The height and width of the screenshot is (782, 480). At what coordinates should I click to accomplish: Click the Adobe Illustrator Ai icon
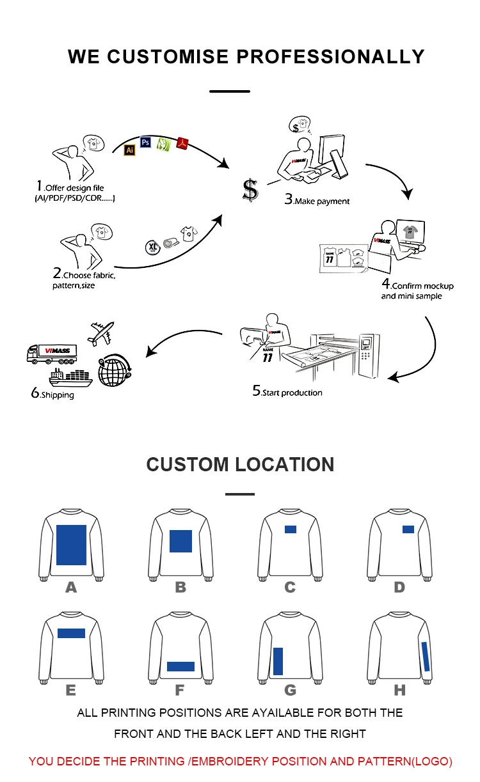129,150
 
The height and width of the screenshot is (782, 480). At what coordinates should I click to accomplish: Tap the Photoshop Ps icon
145,142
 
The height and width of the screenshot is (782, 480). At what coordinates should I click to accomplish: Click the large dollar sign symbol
250,190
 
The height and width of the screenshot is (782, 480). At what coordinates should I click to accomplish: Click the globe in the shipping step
112,371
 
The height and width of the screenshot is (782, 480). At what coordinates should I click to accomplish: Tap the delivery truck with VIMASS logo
52,352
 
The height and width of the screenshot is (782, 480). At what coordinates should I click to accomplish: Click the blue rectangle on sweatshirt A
71,544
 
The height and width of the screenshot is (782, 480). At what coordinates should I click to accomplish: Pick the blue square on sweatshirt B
180,541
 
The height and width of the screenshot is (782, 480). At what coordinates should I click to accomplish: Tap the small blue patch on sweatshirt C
291,529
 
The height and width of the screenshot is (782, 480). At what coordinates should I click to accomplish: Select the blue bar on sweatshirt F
180,666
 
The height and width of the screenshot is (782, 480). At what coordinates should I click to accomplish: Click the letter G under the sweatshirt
290,690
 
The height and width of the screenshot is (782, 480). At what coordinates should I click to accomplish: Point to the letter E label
70,690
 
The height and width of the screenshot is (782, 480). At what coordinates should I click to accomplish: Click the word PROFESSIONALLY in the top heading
332,56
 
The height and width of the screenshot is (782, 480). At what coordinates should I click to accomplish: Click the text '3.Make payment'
317,201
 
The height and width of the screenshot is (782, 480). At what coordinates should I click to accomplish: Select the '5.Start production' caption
287,392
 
